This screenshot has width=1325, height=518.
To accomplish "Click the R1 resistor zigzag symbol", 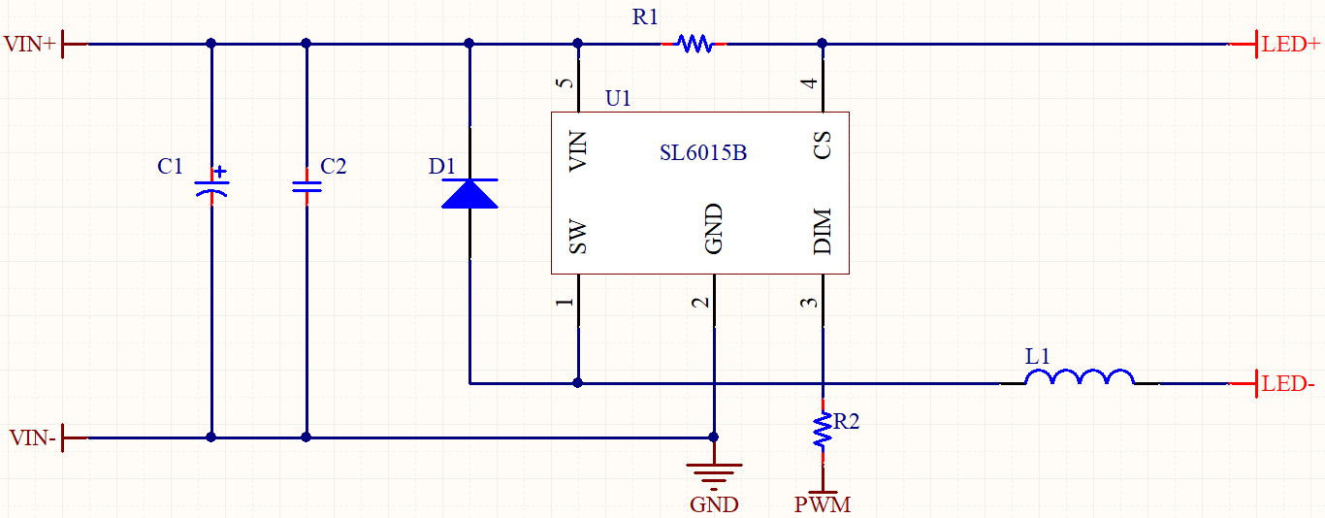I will [x=695, y=44].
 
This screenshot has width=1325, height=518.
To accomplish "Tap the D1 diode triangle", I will [x=469, y=194].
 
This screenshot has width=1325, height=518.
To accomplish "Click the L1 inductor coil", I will [x=1079, y=377].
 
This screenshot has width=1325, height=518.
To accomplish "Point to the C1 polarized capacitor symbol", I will [x=211, y=185].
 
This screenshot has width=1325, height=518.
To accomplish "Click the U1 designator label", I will [x=618, y=99].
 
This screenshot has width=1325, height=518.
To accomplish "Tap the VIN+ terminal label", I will [x=29, y=45].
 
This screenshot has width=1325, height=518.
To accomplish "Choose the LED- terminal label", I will [x=1288, y=385].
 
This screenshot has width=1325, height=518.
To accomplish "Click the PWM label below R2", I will [x=823, y=505].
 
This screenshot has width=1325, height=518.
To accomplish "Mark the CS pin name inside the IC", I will [x=823, y=147].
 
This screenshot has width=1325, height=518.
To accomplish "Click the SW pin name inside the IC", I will [x=578, y=237].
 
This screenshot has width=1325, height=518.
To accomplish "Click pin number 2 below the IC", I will [x=700, y=303].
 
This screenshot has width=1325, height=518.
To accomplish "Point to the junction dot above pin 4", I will [x=823, y=44].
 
